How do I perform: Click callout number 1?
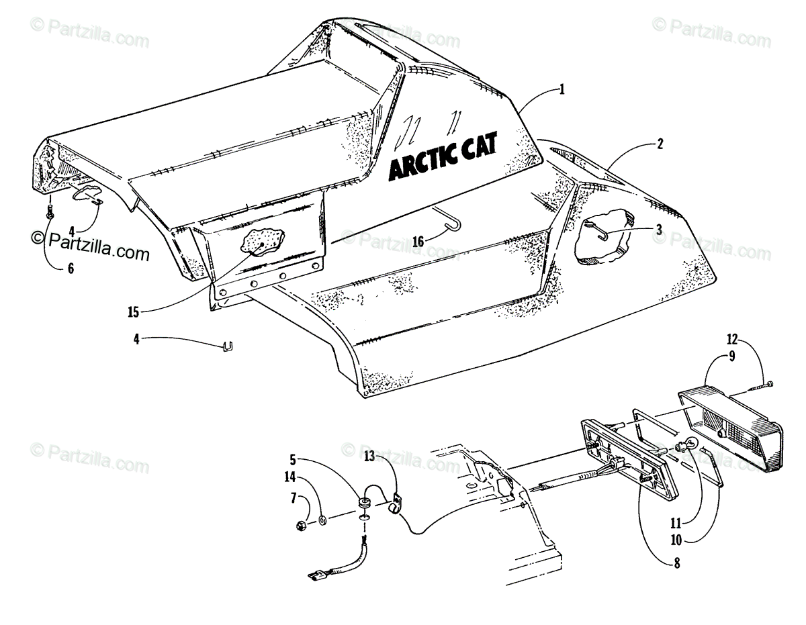click(562, 88)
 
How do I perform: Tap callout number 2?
click(661, 143)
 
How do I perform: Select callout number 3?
click(659, 229)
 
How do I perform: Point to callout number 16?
click(418, 240)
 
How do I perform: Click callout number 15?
click(132, 311)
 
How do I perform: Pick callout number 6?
click(71, 269)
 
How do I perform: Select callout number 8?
click(676, 564)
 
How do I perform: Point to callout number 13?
click(369, 456)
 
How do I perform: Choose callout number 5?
click(293, 461)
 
